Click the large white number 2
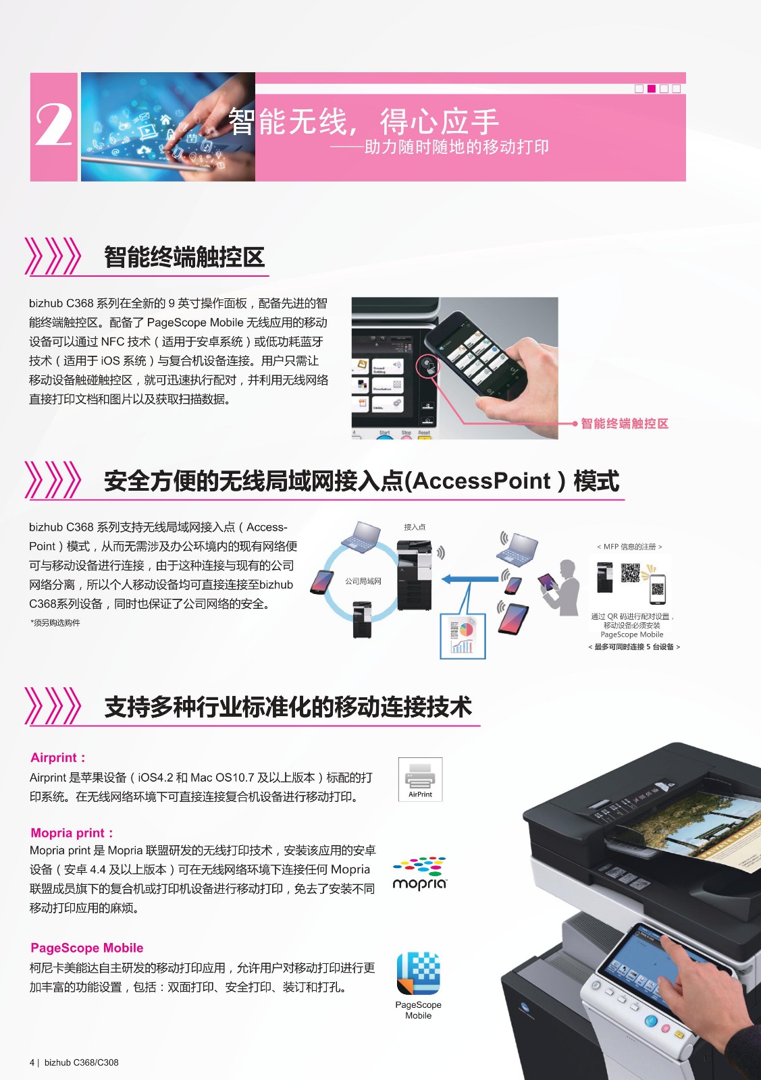coord(53,126)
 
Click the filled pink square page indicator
coord(652,88)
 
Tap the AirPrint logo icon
coord(420,780)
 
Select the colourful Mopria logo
coord(419,873)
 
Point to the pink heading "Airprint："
coord(58,757)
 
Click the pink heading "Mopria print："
coord(72,833)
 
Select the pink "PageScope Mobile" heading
coord(87,948)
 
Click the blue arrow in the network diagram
coord(470,578)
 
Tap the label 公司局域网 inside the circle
coord(363,581)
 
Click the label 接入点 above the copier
coord(415,527)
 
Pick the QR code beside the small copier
coord(630,573)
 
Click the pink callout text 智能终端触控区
coord(625,423)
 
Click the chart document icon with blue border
coord(463,636)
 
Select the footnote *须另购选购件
coord(55,622)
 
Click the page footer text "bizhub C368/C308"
coord(82,1062)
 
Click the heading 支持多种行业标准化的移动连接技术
coord(288,707)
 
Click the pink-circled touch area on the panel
coord(427,365)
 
